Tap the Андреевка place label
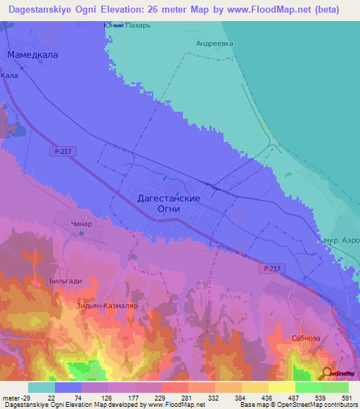point(214,43)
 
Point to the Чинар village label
point(82,224)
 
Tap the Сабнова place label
point(305,338)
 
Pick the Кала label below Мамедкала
point(9,74)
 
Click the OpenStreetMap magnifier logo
point(327,374)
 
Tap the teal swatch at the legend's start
point(41,387)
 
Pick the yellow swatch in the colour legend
point(282,387)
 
